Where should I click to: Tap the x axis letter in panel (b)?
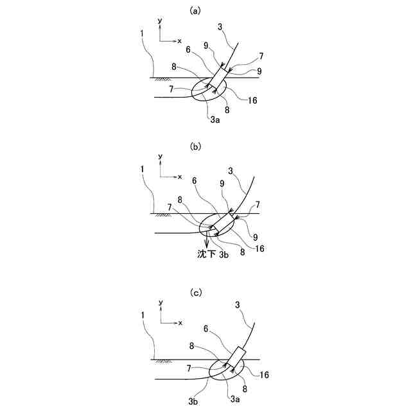[x=180, y=177]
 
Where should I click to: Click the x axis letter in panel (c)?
[x=180, y=322]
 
